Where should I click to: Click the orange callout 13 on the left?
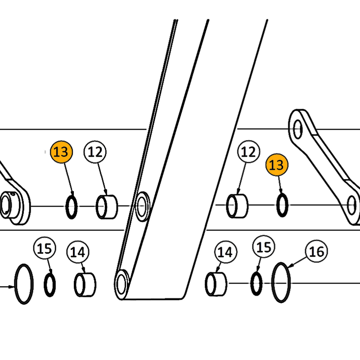61,152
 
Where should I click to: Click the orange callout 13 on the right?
276,165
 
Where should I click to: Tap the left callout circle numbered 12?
95,152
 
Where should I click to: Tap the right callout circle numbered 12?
248,152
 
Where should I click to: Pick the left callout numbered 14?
78,252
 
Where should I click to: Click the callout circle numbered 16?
317,251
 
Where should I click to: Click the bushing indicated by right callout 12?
237,206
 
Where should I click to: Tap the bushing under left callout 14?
85,285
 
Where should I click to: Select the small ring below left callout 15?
49,285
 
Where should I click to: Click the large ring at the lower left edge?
23,284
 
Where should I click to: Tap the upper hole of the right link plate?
297,129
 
